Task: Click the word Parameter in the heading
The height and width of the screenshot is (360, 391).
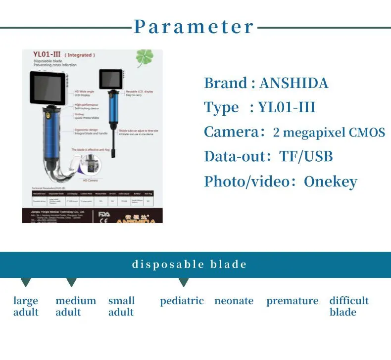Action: [x=194, y=27]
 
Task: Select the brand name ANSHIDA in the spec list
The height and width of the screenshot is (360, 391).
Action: [x=293, y=83]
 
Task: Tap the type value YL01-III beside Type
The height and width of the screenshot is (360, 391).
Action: [x=287, y=107]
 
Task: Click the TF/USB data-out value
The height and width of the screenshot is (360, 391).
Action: [x=306, y=156]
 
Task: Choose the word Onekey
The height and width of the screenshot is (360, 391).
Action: [x=330, y=181]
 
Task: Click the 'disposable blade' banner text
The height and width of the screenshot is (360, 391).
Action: [x=189, y=264]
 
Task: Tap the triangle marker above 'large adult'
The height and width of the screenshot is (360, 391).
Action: [x=26, y=282]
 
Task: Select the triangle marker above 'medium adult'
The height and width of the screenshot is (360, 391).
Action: [x=71, y=282]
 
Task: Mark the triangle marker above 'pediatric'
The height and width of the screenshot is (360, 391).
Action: [x=184, y=282]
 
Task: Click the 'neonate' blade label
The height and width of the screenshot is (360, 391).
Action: [x=234, y=301]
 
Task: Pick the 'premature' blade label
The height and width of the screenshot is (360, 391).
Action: [x=292, y=301]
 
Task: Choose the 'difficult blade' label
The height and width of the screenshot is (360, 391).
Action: [x=348, y=306]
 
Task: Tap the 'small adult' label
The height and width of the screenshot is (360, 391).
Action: [x=121, y=306]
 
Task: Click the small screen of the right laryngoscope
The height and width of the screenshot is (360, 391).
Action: [x=110, y=79]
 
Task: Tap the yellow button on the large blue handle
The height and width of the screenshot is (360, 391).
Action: [x=49, y=119]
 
